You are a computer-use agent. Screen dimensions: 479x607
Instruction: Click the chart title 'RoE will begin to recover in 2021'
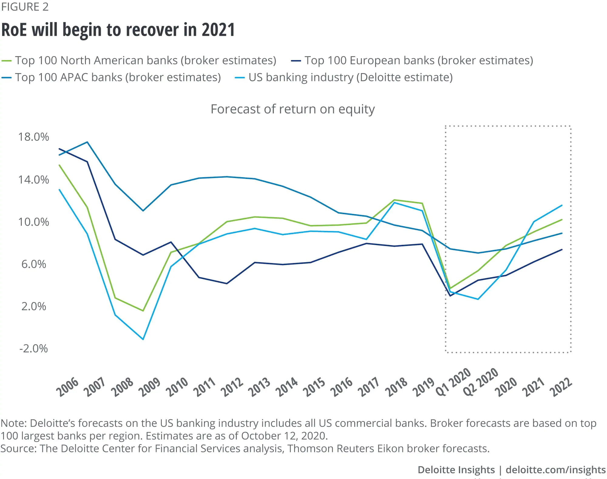tap(118, 30)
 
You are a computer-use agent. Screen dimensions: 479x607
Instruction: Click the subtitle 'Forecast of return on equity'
tap(293, 109)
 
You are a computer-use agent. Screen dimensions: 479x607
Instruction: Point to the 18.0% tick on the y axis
tap(33, 137)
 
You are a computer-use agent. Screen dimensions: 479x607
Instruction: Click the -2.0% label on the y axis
tap(33, 349)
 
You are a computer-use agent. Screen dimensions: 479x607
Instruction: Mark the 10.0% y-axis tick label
tap(33, 222)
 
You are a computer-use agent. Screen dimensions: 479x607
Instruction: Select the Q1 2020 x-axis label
tap(453, 382)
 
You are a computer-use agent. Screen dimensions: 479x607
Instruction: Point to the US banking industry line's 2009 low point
tap(143, 339)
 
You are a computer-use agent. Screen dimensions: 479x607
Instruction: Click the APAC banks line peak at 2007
tap(87, 142)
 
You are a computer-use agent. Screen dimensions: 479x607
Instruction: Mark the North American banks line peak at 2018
tap(394, 200)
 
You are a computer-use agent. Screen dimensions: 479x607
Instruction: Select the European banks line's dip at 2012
tap(227, 284)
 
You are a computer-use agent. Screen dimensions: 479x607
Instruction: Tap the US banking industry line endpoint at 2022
tap(562, 206)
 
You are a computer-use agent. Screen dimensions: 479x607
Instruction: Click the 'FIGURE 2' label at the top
tap(25, 7)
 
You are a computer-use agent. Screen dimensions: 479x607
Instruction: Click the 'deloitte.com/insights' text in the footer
tap(555, 470)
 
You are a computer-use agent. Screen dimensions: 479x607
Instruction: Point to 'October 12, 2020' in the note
tap(284, 436)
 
